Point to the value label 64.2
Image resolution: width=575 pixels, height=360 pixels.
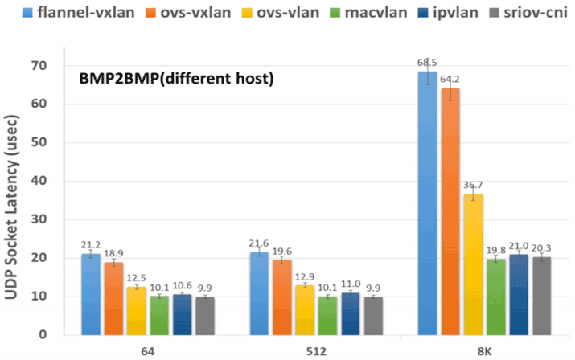(x=450, y=79)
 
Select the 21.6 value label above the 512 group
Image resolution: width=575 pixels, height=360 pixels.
(x=260, y=243)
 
